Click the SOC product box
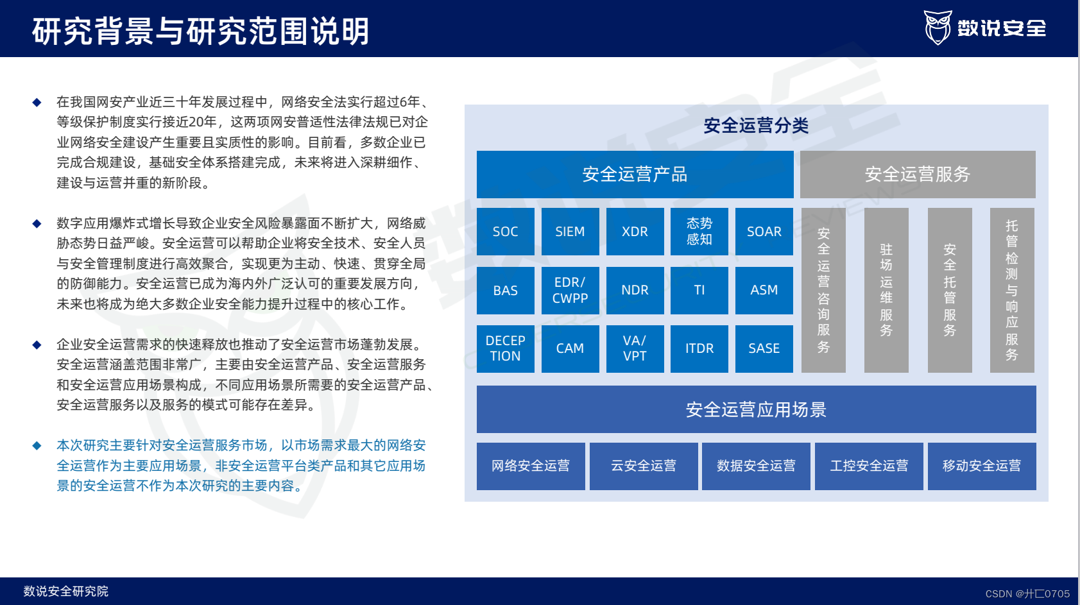tap(505, 232)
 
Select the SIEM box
tap(570, 232)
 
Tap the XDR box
tap(635, 232)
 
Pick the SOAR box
tap(764, 232)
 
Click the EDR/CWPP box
tap(570, 290)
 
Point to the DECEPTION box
tap(505, 348)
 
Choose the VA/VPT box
tap(635, 348)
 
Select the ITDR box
tap(699, 348)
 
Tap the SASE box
tap(764, 348)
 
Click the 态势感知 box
tap(699, 232)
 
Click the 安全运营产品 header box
tap(635, 174)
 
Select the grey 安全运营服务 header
tap(917, 174)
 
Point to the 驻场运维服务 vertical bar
tap(886, 290)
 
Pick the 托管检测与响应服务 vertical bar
tap(1011, 290)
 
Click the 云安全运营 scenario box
tap(643, 466)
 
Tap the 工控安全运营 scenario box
tap(869, 466)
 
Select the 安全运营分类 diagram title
tap(756, 126)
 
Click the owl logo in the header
tap(938, 28)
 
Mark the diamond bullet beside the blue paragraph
tap(37, 446)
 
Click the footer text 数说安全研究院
tap(66, 591)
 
